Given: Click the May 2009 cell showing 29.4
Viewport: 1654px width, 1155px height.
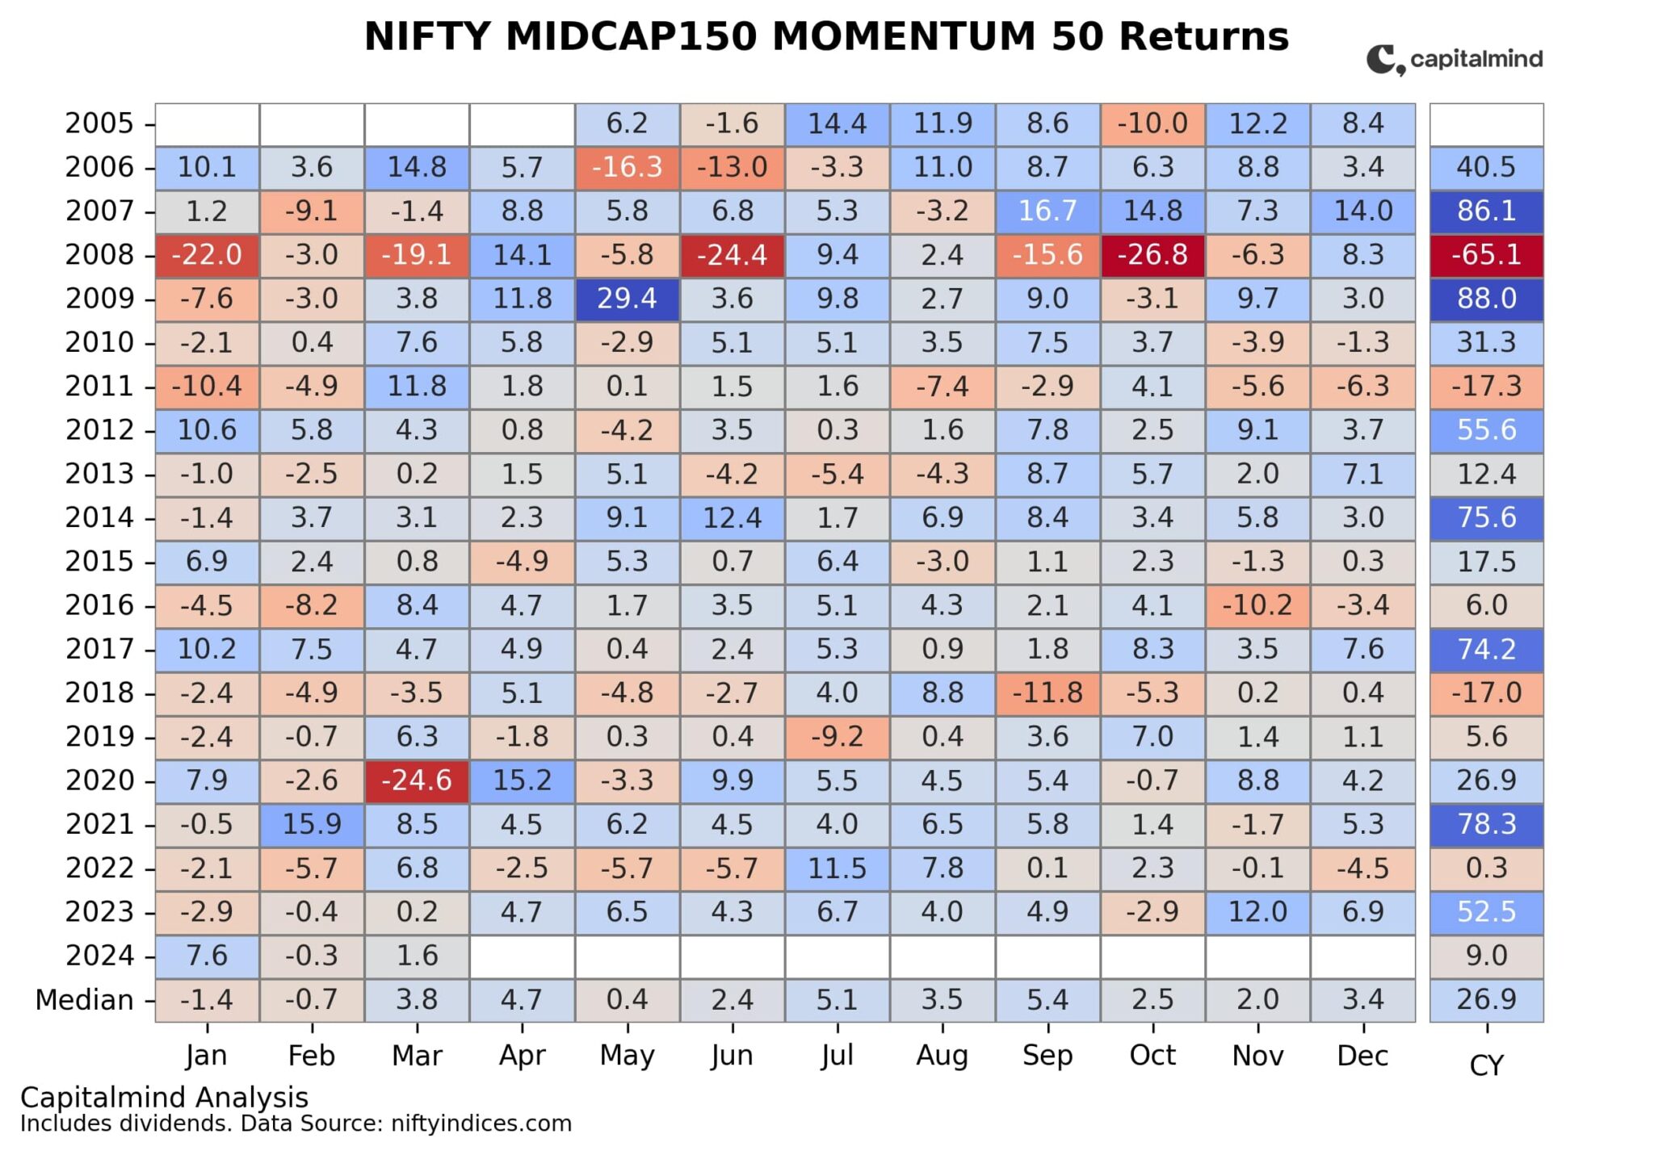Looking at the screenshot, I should tap(627, 299).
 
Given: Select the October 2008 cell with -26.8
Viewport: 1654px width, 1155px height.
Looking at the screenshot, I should tap(1152, 255).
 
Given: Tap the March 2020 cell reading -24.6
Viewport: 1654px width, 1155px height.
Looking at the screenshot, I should tap(417, 780).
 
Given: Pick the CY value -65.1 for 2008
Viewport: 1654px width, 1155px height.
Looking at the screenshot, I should tap(1486, 255).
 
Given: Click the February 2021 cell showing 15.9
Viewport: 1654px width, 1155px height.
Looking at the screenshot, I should tap(312, 824).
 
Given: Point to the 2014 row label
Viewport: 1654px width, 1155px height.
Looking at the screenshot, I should tap(99, 517).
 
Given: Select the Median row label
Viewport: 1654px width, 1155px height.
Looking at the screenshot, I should tap(84, 1000).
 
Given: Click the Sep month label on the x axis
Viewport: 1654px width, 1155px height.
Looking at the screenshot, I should tap(1047, 1056).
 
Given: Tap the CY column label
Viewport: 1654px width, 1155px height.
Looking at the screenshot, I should tap(1486, 1066).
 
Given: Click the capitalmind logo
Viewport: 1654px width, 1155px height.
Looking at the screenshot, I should tap(1455, 59).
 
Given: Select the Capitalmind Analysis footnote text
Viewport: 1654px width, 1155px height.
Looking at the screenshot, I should tap(164, 1098).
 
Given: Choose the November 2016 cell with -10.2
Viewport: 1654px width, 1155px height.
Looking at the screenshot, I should tap(1257, 605).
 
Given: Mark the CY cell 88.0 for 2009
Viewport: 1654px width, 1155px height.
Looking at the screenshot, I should tap(1486, 299).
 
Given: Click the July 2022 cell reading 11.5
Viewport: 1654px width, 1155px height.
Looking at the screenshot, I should tap(837, 868).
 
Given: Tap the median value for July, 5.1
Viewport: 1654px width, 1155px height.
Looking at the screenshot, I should tap(837, 1000).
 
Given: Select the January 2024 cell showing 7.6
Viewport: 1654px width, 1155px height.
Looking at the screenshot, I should tap(207, 956).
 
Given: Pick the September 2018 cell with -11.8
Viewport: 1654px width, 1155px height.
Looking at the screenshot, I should tap(1047, 693).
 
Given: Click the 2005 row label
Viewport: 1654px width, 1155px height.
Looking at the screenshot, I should tap(99, 123).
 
